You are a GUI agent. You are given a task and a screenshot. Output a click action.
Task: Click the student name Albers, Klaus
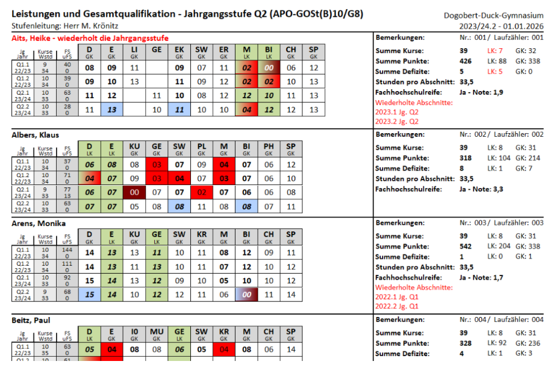pyautogui.click(x=36, y=135)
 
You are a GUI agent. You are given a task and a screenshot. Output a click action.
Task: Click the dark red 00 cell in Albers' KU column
pyautogui.click(x=134, y=192)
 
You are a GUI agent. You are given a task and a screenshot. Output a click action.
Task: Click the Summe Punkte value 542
pyautogui.click(x=466, y=246)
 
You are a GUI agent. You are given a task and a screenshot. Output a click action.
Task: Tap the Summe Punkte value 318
pyautogui.click(x=466, y=158)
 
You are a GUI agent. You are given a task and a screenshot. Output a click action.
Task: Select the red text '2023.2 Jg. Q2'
pyautogui.click(x=397, y=121)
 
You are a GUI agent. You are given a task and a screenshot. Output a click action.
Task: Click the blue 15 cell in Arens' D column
pyautogui.click(x=90, y=295)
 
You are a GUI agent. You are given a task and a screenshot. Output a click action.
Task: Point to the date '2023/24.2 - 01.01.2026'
pyautogui.click(x=501, y=26)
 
